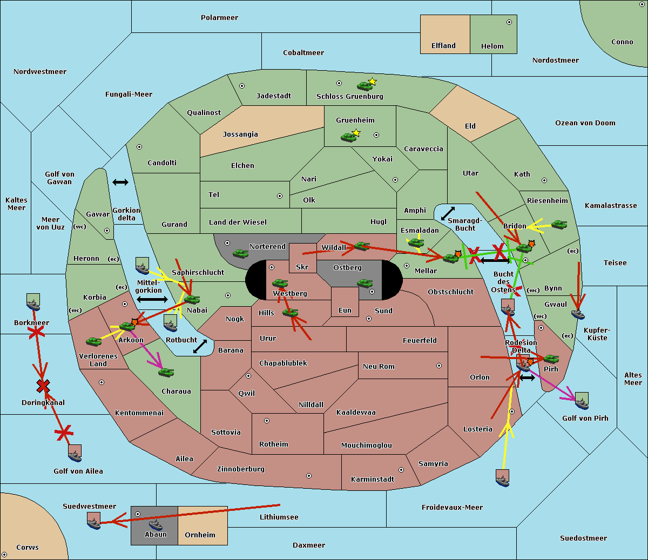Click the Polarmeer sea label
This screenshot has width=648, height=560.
tap(219, 18)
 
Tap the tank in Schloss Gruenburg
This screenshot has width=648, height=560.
tap(364, 86)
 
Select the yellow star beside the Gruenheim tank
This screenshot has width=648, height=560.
tap(356, 133)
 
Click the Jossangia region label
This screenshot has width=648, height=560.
tap(240, 134)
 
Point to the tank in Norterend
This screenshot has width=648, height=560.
tap(240, 253)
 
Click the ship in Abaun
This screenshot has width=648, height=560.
tap(156, 524)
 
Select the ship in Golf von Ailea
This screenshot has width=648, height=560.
tap(75, 453)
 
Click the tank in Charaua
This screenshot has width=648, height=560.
tap(166, 373)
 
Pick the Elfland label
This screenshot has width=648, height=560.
tap(443, 46)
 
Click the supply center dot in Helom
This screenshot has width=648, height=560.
tap(509, 22)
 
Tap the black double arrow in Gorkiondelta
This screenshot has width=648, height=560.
tap(120, 182)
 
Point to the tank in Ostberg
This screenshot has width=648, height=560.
tap(365, 284)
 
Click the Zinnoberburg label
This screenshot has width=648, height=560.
tap(241, 469)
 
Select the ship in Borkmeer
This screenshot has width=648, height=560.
tap(33, 302)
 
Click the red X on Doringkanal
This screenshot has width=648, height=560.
tap(43, 386)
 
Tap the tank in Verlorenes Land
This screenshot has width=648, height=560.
tap(94, 342)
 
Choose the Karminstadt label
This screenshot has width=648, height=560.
tap(373, 479)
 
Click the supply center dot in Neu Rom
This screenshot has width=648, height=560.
tap(439, 366)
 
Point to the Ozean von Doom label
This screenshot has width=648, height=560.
tap(585, 123)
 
